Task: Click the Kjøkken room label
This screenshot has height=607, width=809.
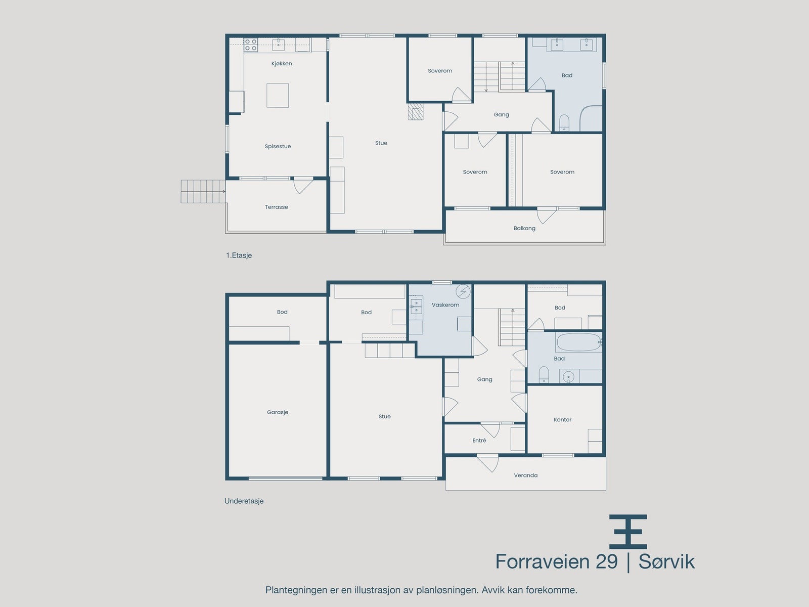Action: click(x=282, y=63)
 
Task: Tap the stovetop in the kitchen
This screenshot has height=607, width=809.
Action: click(x=251, y=45)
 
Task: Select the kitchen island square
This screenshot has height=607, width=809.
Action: click(x=278, y=96)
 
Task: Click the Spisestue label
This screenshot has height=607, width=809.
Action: click(x=278, y=146)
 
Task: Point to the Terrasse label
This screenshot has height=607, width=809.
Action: click(x=277, y=207)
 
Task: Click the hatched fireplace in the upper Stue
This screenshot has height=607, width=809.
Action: click(x=416, y=112)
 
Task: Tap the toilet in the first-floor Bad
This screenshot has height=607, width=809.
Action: click(x=564, y=123)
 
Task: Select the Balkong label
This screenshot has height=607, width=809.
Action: click(x=524, y=228)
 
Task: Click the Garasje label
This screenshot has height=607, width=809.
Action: click(x=278, y=412)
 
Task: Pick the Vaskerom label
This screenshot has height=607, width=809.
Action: click(x=445, y=305)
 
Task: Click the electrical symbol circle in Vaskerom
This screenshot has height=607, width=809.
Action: click(x=463, y=291)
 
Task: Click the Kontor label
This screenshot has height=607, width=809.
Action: click(x=562, y=419)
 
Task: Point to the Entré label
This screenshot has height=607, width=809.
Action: click(x=479, y=441)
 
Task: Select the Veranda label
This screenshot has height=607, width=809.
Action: click(x=525, y=475)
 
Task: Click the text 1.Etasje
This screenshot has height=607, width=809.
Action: click(x=239, y=255)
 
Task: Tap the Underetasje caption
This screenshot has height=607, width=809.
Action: click(x=244, y=501)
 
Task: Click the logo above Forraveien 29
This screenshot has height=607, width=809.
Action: click(x=628, y=532)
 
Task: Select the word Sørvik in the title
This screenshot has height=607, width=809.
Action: click(x=666, y=561)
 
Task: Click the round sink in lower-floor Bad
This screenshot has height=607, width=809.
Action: click(x=569, y=377)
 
